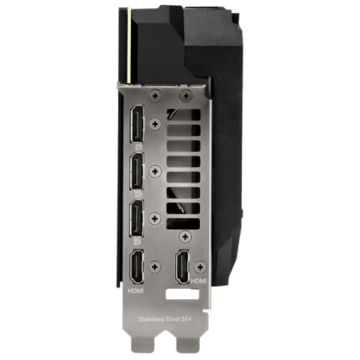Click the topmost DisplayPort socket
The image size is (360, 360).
coord(137,124)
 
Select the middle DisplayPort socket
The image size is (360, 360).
coord(137,171)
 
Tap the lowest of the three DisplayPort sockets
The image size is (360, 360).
coord(137,218)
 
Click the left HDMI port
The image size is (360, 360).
coord(137,267)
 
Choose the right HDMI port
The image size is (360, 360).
coord(182,267)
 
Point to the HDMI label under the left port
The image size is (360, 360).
coord(136,291)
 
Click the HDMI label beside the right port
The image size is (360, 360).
coord(199,281)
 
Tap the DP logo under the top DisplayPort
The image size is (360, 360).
coord(139,147)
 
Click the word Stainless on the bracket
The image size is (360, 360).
coord(151,319)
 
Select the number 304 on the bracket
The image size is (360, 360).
coord(187,319)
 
